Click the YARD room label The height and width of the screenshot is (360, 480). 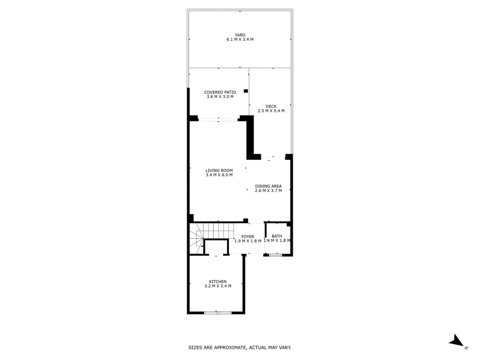pos(240,35)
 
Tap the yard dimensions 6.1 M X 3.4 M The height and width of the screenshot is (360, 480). pos(240,39)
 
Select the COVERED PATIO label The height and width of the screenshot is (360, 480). pos(220,92)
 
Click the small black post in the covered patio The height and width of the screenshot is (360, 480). pos(246,91)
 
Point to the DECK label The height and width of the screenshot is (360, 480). pos(271,106)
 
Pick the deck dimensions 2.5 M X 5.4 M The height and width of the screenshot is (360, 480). pos(271,111)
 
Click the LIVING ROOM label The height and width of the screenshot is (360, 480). pos(219,170)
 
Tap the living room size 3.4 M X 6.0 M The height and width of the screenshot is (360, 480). pos(219,175)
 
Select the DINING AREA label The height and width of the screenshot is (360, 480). pos(268,186)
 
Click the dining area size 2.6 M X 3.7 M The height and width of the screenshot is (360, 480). pos(268,191)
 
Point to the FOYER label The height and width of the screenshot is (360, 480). pos(248,237)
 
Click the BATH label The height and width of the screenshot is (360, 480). pos(277,236)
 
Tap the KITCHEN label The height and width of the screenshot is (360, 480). pos(218,282)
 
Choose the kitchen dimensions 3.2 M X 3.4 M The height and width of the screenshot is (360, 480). pos(218,286)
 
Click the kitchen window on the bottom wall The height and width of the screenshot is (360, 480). pos(218,313)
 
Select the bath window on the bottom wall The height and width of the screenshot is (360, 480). pos(276,255)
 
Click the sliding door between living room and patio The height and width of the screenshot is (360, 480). pos(218,120)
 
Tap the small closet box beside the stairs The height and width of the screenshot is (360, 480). pos(216,247)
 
